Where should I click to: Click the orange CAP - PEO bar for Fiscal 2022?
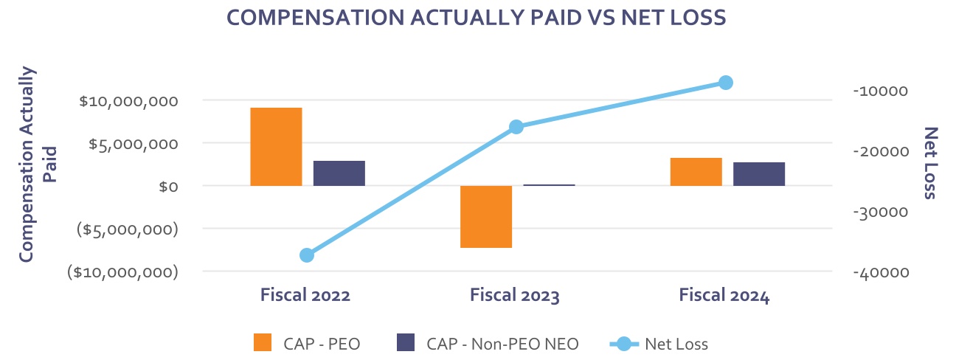[276, 147]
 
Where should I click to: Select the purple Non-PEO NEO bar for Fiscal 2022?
[339, 173]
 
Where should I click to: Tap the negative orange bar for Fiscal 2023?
[486, 216]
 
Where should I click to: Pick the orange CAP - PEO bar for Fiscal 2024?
[696, 172]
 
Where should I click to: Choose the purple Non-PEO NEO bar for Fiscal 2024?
[759, 174]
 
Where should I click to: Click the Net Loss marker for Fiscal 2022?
[307, 255]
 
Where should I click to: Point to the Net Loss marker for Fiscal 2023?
[516, 127]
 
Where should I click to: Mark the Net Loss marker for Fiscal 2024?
[726, 83]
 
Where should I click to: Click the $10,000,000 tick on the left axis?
[128, 100]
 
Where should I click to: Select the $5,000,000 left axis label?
[133, 144]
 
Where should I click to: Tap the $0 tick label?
[168, 187]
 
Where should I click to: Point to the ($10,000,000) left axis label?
[123, 272]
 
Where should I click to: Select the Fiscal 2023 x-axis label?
[515, 296]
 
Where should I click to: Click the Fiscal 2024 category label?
[724, 296]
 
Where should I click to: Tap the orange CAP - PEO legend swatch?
[263, 343]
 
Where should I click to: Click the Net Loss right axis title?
[930, 163]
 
